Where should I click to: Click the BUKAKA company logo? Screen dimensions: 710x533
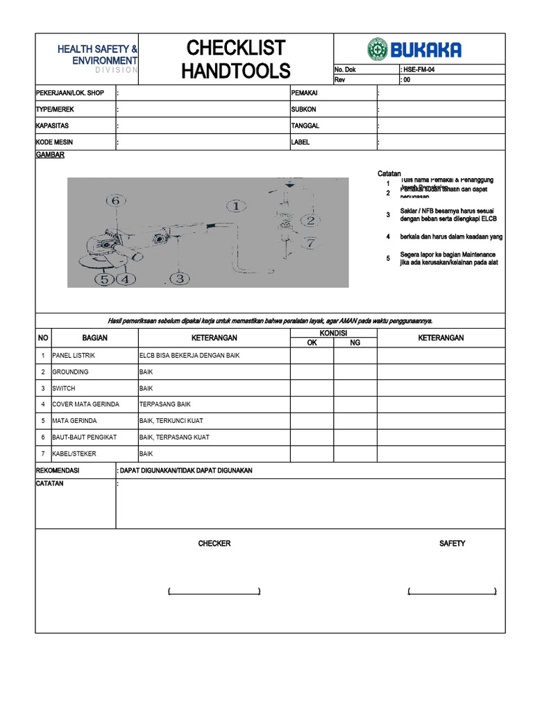coord(414,49)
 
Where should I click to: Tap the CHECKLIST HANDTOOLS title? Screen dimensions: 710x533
coord(236,59)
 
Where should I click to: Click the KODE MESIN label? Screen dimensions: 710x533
coord(55,142)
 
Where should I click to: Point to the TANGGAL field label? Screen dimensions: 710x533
coord(305,125)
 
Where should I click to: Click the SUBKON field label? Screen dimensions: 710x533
coord(304,110)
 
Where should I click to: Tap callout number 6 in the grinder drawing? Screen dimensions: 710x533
coord(116,200)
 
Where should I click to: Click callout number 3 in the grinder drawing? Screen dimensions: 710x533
coord(179,278)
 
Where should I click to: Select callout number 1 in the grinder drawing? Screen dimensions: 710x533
coord(236,206)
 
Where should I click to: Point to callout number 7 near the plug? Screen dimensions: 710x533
coord(310,243)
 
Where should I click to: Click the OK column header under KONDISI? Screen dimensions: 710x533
coord(312,343)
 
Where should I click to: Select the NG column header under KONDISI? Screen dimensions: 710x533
coord(355,343)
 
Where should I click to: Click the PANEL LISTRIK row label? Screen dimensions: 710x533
coord(74,356)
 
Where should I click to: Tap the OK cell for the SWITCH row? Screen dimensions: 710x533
coord(312,388)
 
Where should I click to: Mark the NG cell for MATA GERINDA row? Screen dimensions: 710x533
coord(355,421)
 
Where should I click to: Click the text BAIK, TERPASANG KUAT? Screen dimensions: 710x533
coord(174,438)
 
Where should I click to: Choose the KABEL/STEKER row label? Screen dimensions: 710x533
coord(74,453)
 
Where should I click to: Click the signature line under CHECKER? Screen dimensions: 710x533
coord(214,591)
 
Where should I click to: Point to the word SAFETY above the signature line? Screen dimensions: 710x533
coord(452,544)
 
